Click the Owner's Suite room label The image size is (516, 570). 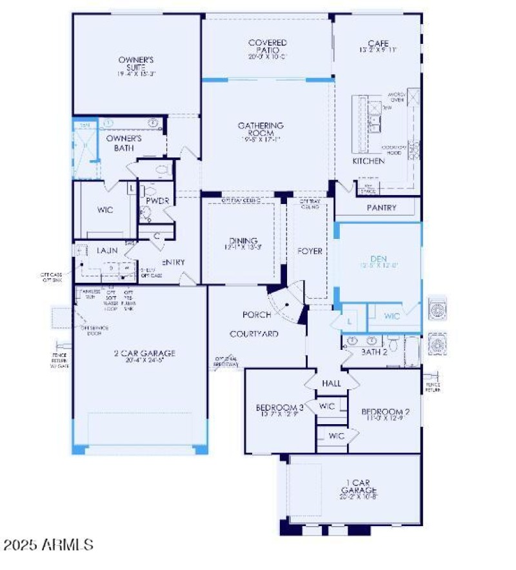(x=136, y=63)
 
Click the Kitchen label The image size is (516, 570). (x=368, y=160)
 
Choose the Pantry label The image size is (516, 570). (x=381, y=208)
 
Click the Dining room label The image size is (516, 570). (x=243, y=241)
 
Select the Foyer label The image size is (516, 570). (x=310, y=251)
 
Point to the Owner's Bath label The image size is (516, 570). (x=124, y=143)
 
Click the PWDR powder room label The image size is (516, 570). (x=157, y=201)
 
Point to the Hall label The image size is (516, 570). (x=332, y=383)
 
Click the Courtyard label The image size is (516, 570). (x=254, y=334)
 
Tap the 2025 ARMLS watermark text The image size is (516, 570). (x=48, y=545)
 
